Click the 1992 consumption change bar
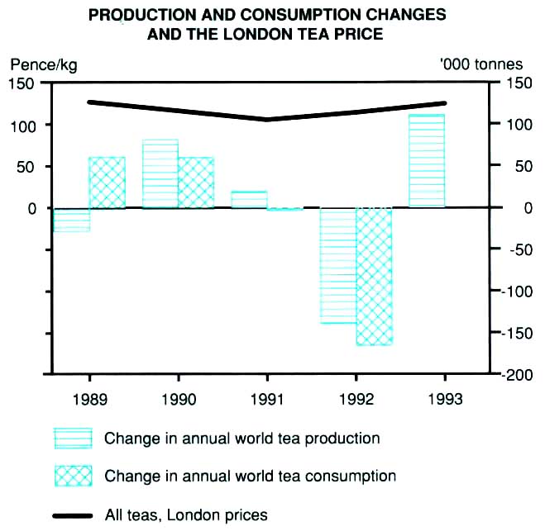pyautogui.click(x=373, y=276)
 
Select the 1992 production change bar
pyautogui.click(x=337, y=265)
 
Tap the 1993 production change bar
pyautogui.click(x=427, y=161)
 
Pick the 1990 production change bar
pyautogui.click(x=160, y=174)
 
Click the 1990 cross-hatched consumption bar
pyautogui.click(x=196, y=183)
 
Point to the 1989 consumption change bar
pyautogui.click(x=107, y=183)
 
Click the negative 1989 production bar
pyautogui.click(x=71, y=220)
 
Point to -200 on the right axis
pyautogui.click(x=517, y=376)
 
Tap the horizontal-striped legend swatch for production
pyautogui.click(x=72, y=439)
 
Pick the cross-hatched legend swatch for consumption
pyautogui.click(x=72, y=476)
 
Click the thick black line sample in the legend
pyautogui.click(x=72, y=515)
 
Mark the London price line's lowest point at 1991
pyautogui.click(x=267, y=120)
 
